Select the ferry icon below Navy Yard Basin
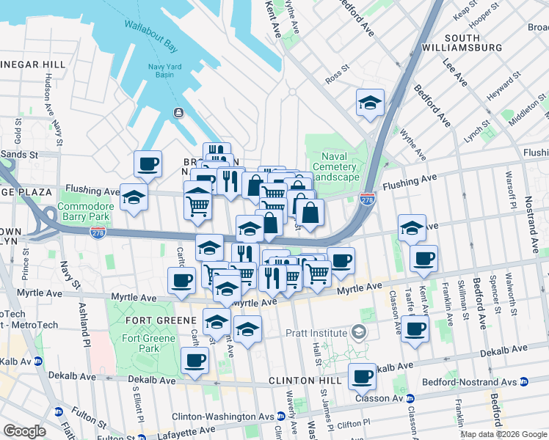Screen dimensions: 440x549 pos(178,112)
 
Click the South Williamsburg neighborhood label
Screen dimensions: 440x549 pos(472,43)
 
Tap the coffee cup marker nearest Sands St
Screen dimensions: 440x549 pos(148,164)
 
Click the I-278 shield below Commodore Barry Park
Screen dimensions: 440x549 pos(96,232)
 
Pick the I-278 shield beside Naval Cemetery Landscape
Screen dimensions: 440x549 pos(368,199)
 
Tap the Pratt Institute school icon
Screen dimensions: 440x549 pos(358,332)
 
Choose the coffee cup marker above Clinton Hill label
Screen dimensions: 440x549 pos(362,376)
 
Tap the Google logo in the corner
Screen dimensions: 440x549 pos(24,431)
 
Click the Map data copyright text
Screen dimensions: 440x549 pos(503,434)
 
